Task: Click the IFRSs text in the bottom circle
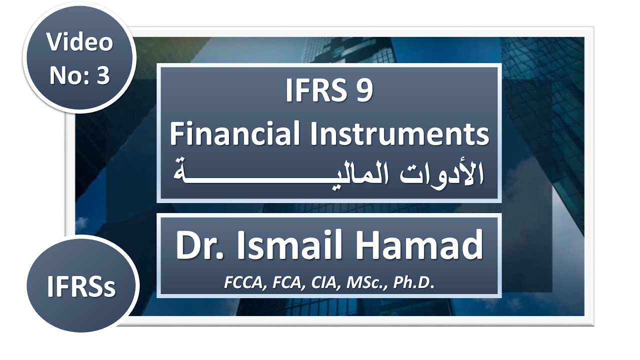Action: coord(81,287)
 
